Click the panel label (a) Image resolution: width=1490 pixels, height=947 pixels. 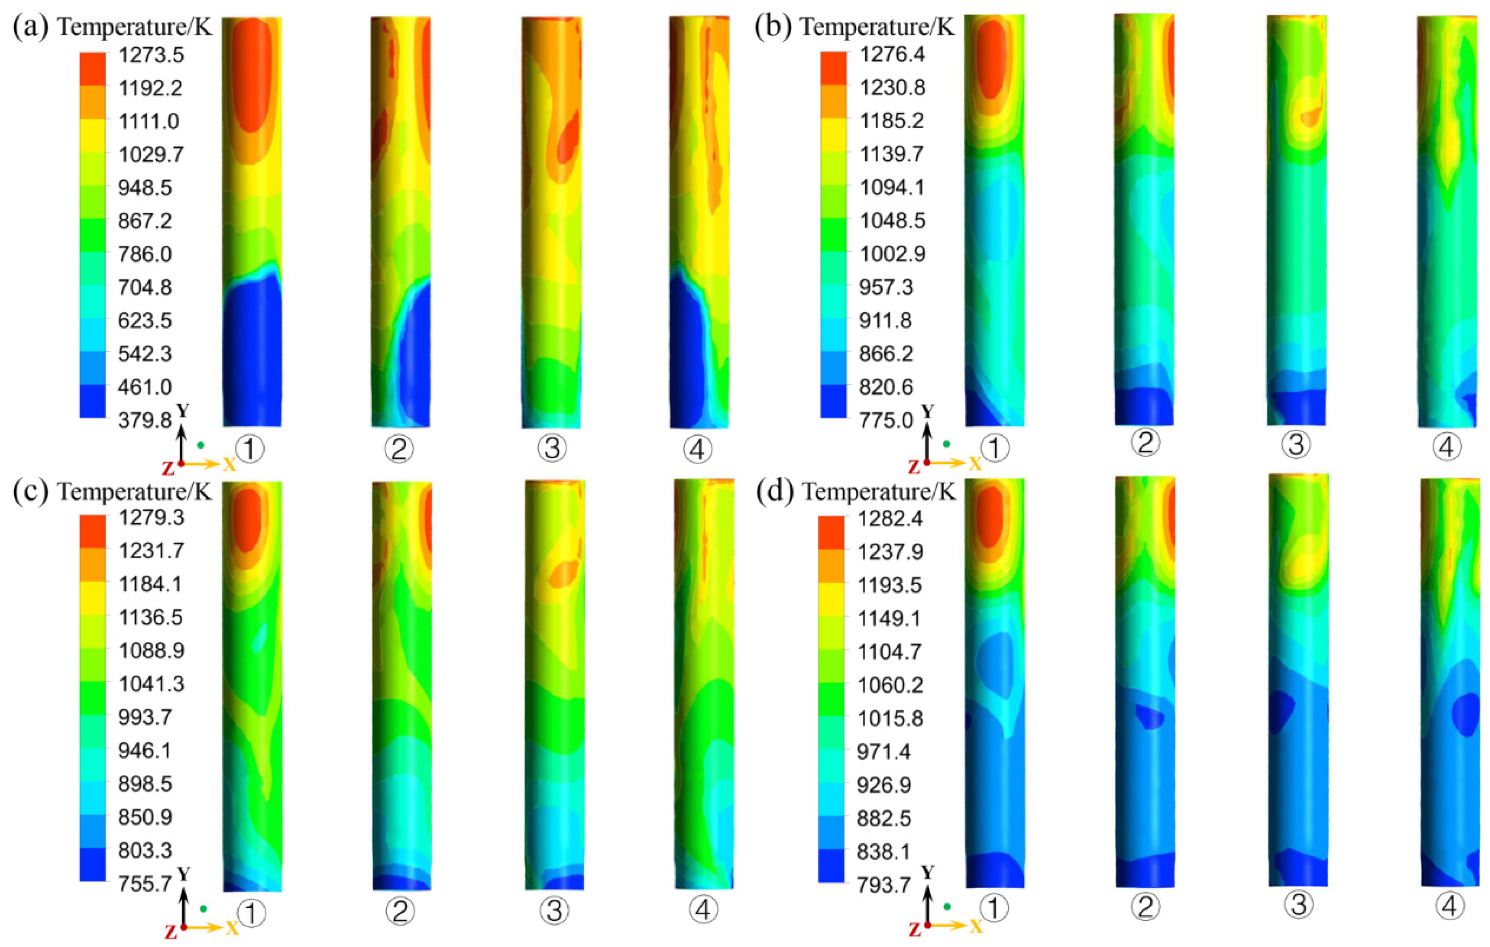[x=30, y=28]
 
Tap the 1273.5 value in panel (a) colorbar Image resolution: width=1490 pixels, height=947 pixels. [x=151, y=55]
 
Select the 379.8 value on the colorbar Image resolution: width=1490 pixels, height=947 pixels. [x=145, y=420]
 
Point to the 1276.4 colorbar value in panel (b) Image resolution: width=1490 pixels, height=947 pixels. [x=892, y=54]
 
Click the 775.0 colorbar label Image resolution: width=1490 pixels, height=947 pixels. [x=886, y=420]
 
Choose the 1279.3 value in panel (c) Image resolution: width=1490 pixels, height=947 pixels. [x=151, y=517]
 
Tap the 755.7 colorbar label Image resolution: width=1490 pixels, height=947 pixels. [x=145, y=883]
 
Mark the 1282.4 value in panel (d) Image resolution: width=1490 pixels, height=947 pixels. [x=890, y=518]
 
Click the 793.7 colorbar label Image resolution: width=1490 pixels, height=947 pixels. [x=884, y=884]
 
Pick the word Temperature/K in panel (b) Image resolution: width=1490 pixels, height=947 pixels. [x=877, y=28]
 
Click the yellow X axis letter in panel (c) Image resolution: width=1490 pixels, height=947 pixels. [x=231, y=928]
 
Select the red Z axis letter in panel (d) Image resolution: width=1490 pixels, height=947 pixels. [x=914, y=930]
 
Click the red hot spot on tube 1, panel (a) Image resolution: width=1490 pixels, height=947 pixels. [x=251, y=74]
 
